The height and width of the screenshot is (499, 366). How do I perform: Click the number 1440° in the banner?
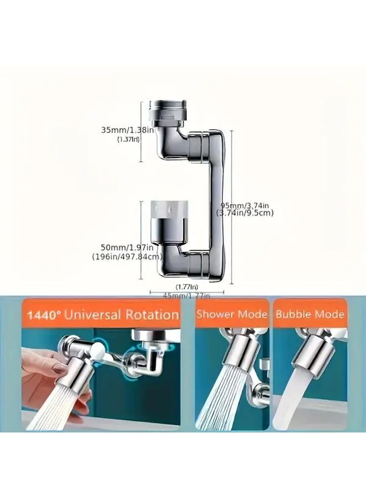click(43, 315)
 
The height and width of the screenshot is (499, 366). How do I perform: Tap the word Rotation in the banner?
click(151, 315)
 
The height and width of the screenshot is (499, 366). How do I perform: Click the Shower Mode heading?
click(232, 314)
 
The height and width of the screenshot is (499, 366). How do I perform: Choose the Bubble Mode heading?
click(310, 314)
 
